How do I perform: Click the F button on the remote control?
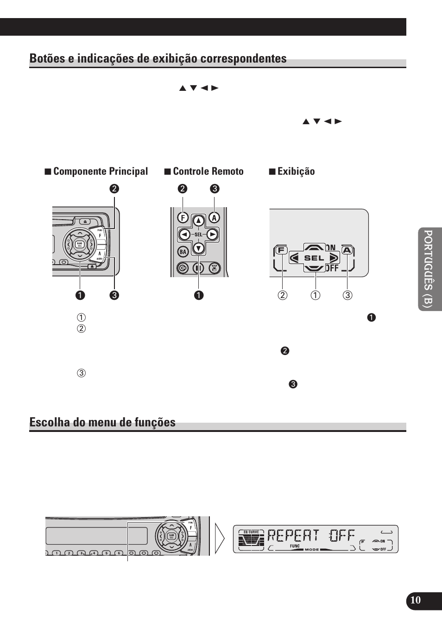[183, 217]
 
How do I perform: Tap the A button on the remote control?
[214, 217]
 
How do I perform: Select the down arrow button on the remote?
[199, 248]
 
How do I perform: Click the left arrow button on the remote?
[184, 235]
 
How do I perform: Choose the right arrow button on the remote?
[212, 235]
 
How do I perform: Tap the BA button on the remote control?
[183, 252]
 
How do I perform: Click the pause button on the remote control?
[198, 267]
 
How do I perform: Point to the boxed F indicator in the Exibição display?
[281, 250]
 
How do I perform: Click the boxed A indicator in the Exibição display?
[347, 250]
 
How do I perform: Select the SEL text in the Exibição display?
[314, 258]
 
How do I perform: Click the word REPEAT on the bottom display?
[293, 536]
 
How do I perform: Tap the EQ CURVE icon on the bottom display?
[251, 538]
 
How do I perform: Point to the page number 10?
[416, 600]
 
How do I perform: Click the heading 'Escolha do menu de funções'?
[102, 422]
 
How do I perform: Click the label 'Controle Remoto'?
[208, 171]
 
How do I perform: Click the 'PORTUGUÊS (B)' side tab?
[429, 269]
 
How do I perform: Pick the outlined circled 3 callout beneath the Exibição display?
[347, 295]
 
